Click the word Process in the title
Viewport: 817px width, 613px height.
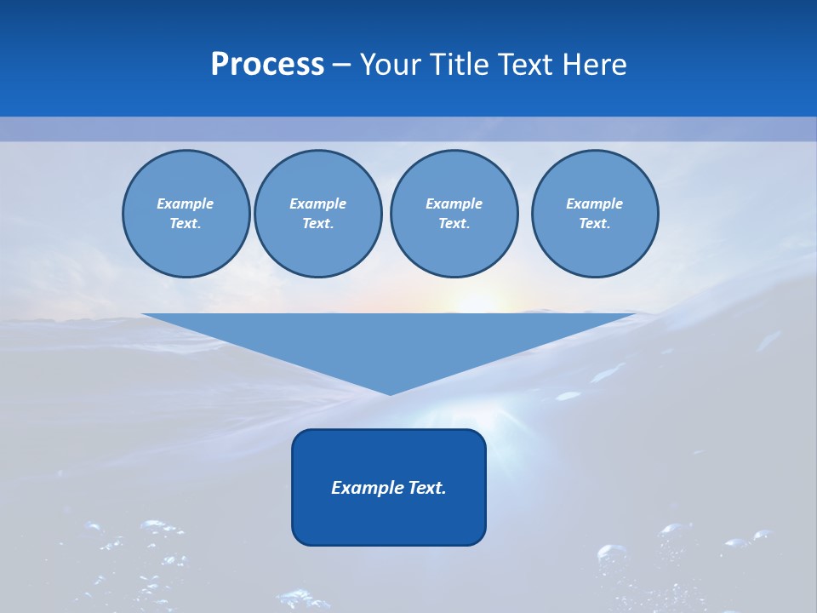[x=267, y=65]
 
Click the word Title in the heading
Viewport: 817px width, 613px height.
[x=456, y=65]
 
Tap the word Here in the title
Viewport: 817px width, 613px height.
[x=594, y=65]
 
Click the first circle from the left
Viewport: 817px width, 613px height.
[x=186, y=214]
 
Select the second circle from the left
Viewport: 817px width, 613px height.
[x=317, y=214]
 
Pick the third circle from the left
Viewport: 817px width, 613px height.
[x=454, y=214]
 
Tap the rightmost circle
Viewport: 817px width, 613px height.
[x=594, y=214]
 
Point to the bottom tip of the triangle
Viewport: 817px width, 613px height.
[x=390, y=393]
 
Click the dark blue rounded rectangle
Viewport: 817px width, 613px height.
[x=389, y=511]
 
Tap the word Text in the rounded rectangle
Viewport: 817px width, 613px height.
[x=426, y=488]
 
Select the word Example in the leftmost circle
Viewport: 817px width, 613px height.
[x=186, y=203]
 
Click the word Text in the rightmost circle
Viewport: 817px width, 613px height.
[x=594, y=224]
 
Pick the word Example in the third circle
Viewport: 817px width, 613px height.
[x=454, y=203]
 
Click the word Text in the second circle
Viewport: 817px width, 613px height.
[x=317, y=224]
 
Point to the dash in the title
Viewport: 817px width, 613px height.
[x=342, y=65]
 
